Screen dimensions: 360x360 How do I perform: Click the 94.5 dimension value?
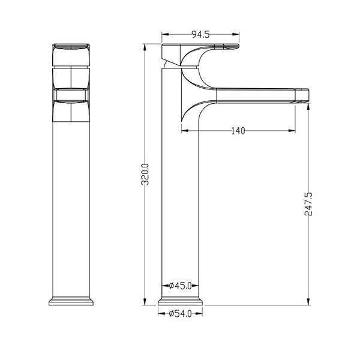click(x=200, y=34)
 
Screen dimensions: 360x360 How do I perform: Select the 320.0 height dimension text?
click(x=145, y=174)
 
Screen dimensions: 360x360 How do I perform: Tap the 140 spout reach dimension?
click(x=238, y=131)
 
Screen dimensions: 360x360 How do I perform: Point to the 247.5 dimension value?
click(x=308, y=204)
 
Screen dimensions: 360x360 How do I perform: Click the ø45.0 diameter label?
click(x=180, y=286)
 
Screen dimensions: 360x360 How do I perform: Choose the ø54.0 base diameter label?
click(x=180, y=314)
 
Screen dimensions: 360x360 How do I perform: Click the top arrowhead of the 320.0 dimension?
click(x=145, y=47)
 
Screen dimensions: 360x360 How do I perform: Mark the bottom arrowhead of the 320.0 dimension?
click(x=145, y=302)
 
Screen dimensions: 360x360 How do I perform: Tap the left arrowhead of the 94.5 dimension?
click(x=166, y=34)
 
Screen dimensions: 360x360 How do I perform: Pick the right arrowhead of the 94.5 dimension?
click(x=236, y=34)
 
